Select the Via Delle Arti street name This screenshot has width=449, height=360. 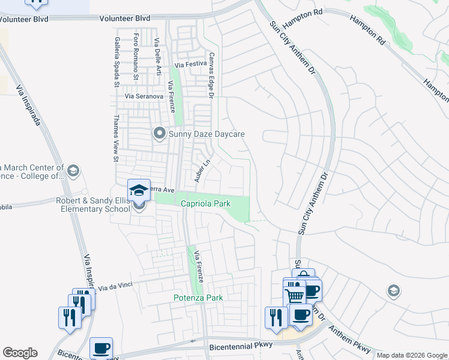pos(158,57)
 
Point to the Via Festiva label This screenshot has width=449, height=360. pos(190,65)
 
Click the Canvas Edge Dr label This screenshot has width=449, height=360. pos(211,74)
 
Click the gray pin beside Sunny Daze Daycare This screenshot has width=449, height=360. pos(159,133)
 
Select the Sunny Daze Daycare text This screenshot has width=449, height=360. pos(207,134)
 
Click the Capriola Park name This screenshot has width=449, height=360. pos(206,204)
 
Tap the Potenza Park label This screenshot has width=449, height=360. pos(198,298)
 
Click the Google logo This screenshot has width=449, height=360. pos(20,353)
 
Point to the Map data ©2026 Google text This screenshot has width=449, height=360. pos(412,355)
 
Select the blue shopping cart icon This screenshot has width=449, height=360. pos(294,293)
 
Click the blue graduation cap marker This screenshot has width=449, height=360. pos(139,190)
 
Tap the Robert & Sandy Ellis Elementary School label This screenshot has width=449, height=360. pos(93,205)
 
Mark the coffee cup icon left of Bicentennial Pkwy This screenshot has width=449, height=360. pos(101,347)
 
